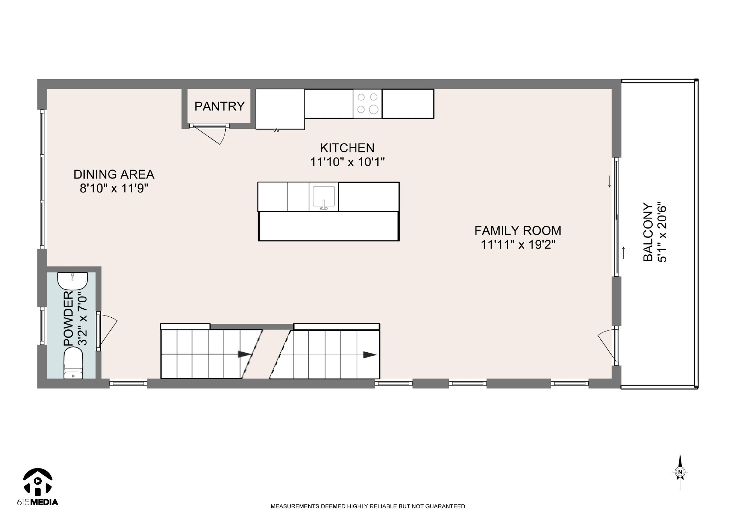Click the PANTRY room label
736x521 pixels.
[x=219, y=106]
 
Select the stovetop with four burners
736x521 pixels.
[x=368, y=104]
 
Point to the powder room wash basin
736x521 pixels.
[x=73, y=281]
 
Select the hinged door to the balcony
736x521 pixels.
[x=607, y=346]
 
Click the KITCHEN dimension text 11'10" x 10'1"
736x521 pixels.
[x=348, y=162]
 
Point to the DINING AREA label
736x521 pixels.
[x=114, y=174]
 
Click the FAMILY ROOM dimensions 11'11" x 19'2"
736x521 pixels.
[x=518, y=245]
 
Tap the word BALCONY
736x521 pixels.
[x=648, y=232]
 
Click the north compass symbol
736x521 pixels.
[x=680, y=472]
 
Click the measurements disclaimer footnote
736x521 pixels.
[x=368, y=506]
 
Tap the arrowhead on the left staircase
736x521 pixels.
[x=245, y=354]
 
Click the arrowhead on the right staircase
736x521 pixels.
[x=370, y=355]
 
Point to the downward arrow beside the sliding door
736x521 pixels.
[x=609, y=181]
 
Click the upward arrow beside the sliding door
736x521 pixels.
[x=624, y=253]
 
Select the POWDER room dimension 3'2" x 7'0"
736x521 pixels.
[x=83, y=319]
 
